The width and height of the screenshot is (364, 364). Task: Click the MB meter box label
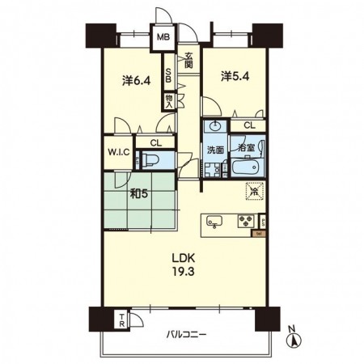pos(163,37)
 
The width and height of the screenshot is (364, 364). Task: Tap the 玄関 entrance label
pos(188,61)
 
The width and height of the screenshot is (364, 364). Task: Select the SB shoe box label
pos(168,75)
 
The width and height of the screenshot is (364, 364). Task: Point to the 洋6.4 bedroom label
pos(136,81)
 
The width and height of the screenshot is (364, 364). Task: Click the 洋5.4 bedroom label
pos(235,77)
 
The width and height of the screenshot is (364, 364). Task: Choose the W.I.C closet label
pos(119,152)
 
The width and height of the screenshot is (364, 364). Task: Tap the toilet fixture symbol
pos(150,160)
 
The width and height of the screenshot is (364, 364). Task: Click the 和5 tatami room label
pos(139,194)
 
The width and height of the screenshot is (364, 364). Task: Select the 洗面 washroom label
pos(215,150)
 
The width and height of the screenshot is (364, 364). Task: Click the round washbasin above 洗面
pos(215,126)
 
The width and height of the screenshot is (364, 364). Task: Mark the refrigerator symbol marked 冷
pos(254,191)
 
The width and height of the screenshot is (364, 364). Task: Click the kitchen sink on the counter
pos(214,221)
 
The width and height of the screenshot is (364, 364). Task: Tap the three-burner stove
pos(246,221)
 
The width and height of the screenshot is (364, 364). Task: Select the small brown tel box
pos(259,234)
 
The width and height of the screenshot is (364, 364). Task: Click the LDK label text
pos(184,258)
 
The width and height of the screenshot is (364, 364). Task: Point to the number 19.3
pos(184,272)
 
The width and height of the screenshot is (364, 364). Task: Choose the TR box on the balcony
pos(122,320)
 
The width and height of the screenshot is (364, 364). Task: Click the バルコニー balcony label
pos(186,335)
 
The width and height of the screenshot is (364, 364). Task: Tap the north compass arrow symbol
pos(294,341)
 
